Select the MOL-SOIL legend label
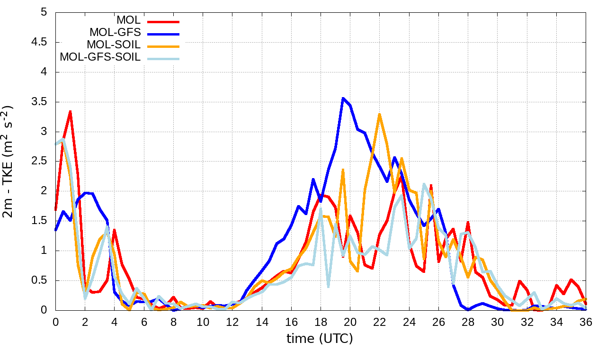114,45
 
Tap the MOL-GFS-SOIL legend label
100,57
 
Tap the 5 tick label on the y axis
44,12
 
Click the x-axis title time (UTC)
320,339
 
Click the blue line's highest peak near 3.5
343,98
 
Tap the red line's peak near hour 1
70,111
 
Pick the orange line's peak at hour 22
379,114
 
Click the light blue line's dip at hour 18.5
328,287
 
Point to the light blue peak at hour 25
424,184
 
